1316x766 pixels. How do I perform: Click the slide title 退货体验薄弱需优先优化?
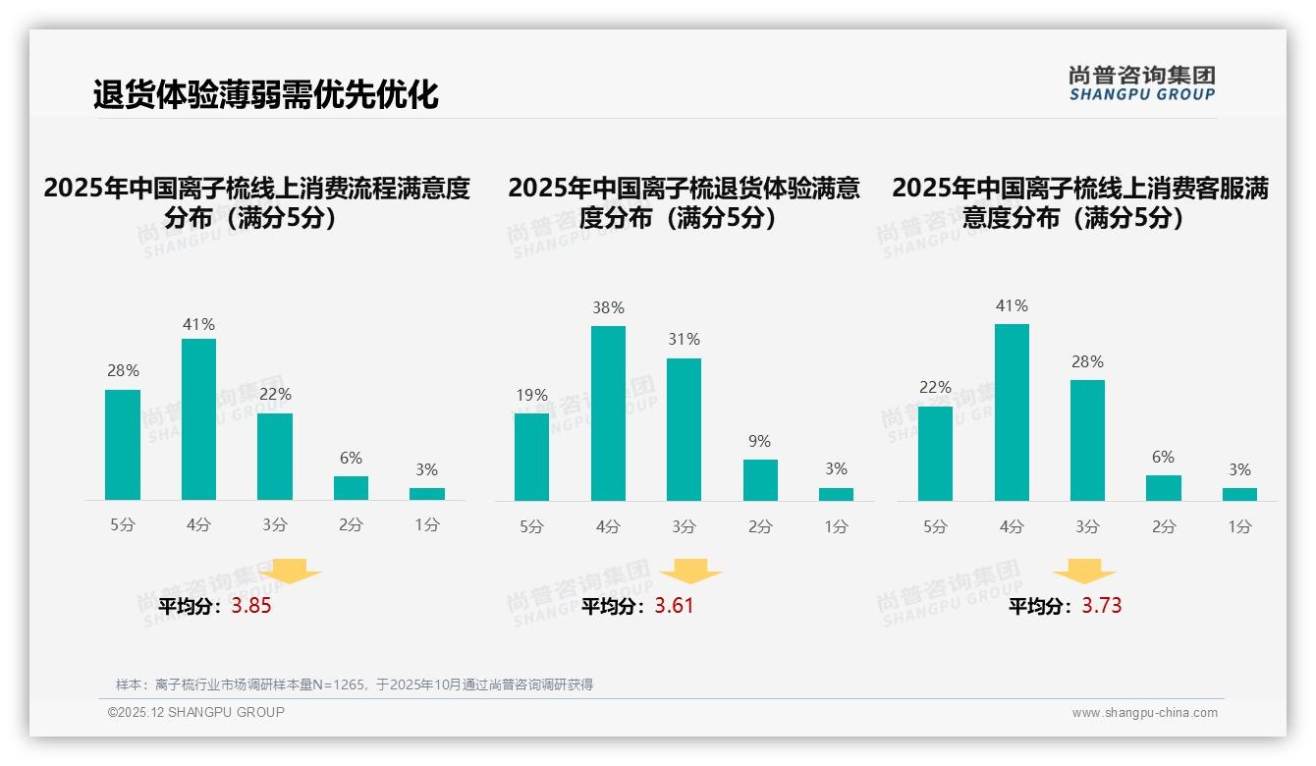(x=265, y=95)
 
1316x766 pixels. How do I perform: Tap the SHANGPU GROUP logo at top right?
(x=1142, y=83)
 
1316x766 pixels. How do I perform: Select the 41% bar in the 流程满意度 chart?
(x=198, y=419)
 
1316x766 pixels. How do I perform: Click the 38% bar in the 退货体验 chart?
(x=608, y=412)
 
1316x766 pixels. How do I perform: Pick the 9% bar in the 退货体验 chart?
(x=760, y=480)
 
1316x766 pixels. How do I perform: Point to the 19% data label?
(x=531, y=396)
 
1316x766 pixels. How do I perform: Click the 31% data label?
(x=684, y=340)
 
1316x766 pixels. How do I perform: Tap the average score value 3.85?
(x=251, y=606)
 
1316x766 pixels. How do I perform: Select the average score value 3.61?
(x=674, y=606)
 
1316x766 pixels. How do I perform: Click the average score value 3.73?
(x=1102, y=606)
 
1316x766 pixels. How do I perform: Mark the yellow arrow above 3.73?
(x=1084, y=572)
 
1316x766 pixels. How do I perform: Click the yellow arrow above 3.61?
(x=691, y=572)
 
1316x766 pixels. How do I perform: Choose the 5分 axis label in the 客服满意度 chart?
(x=935, y=527)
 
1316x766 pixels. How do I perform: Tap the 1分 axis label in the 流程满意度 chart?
(x=427, y=525)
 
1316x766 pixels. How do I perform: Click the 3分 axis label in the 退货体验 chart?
(x=685, y=527)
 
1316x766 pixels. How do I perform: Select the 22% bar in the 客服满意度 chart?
(x=935, y=453)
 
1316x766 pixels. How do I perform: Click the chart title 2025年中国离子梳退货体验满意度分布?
(x=684, y=202)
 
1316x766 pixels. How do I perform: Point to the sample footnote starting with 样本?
(x=355, y=684)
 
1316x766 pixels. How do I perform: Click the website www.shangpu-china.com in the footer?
(x=1144, y=713)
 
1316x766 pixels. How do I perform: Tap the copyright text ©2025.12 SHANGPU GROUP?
(x=196, y=712)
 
